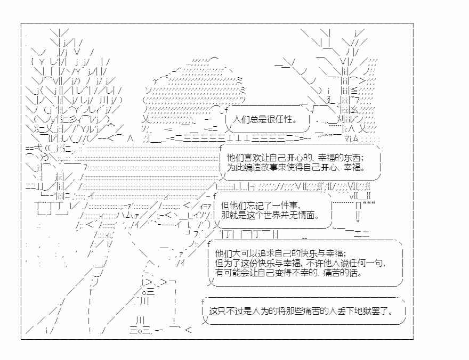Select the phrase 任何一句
pyautogui.click(x=367, y=263)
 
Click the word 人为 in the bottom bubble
pyautogui.click(x=260, y=312)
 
